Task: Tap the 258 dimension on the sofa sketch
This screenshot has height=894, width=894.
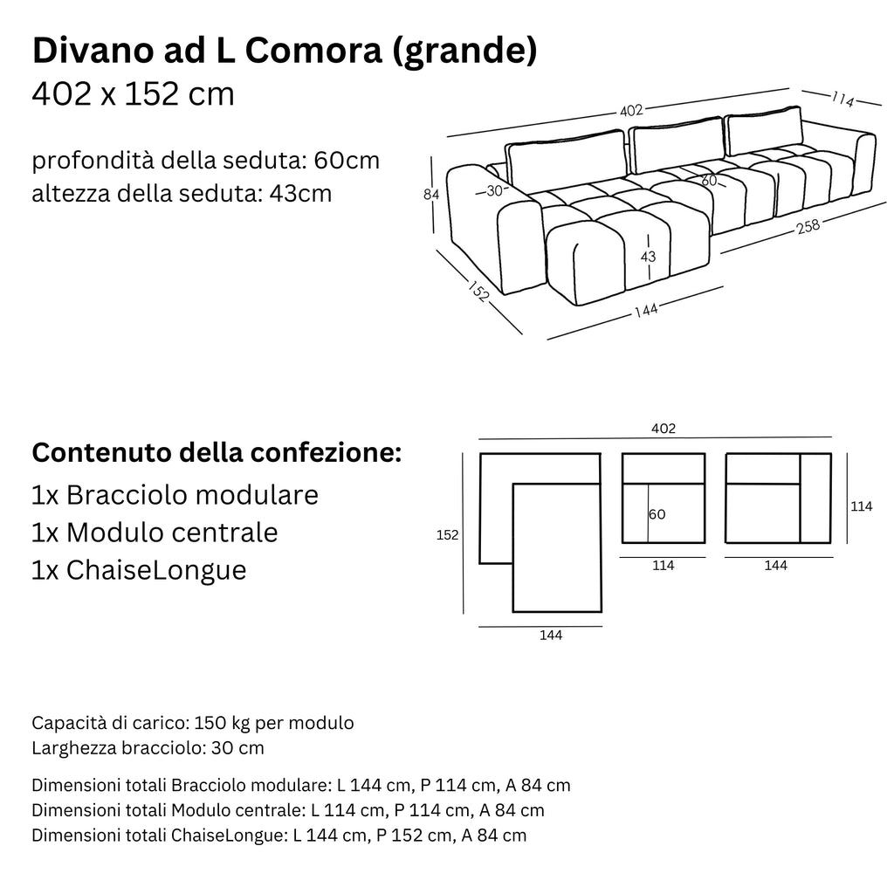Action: tap(808, 227)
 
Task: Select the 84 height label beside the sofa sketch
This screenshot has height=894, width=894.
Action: tap(430, 196)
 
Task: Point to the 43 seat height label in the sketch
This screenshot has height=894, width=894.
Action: tap(648, 257)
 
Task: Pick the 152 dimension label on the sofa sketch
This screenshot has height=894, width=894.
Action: tap(477, 291)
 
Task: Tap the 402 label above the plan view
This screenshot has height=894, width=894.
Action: tap(664, 429)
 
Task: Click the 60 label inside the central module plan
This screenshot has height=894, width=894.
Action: tap(657, 515)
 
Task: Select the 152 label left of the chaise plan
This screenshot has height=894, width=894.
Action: tap(447, 535)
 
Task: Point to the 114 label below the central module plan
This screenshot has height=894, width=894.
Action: tap(664, 566)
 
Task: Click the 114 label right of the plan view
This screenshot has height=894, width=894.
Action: tap(861, 506)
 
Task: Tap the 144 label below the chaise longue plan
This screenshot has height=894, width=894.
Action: tap(550, 636)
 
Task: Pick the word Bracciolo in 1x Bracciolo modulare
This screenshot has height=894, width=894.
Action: tap(127, 495)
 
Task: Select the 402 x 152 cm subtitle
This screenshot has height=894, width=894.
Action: tap(133, 93)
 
